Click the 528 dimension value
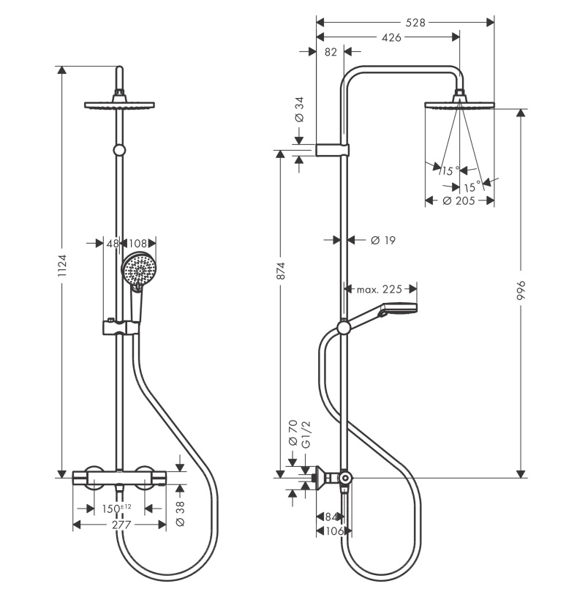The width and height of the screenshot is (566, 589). [x=415, y=23]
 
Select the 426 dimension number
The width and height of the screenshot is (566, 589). [x=391, y=37]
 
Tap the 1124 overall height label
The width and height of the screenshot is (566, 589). [x=62, y=266]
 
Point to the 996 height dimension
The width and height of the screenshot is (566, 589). [x=521, y=290]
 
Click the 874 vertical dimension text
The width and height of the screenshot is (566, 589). [x=281, y=271]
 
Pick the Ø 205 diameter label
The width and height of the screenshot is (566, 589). [x=459, y=201]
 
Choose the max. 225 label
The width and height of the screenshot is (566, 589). [x=379, y=289]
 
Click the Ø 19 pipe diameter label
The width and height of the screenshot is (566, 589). [x=383, y=240]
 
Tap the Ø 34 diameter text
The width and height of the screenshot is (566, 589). [x=299, y=109]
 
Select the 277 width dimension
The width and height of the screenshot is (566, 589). [x=121, y=525]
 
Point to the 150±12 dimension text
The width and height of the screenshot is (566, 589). [x=117, y=509]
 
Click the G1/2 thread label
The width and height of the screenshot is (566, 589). [x=306, y=435]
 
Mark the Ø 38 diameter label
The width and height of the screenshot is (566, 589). [x=180, y=514]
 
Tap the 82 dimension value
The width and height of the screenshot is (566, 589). [x=331, y=52]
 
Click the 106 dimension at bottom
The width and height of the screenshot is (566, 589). [x=333, y=530]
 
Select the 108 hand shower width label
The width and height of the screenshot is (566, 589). [x=137, y=244]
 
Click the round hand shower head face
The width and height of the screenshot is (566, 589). [x=139, y=269]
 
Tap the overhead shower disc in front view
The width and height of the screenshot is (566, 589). [x=119, y=105]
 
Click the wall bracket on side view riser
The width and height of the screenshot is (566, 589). [x=333, y=149]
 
